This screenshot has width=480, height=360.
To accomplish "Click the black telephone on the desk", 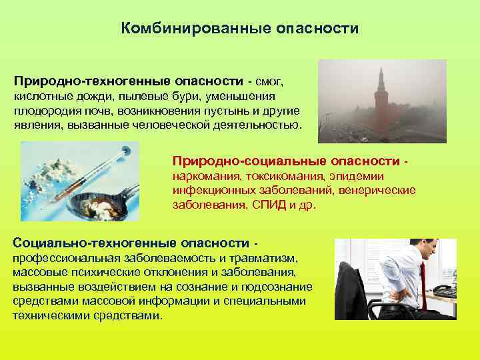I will pyautogui.click(x=444, y=291).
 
